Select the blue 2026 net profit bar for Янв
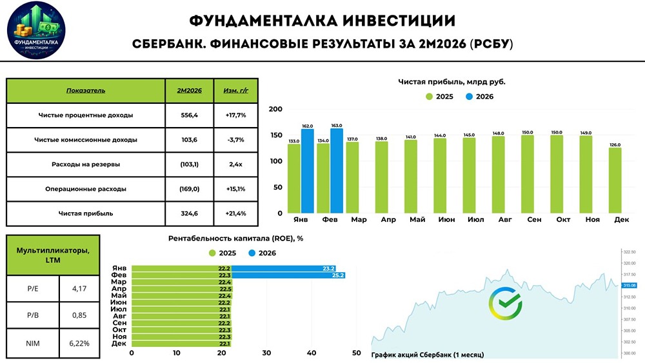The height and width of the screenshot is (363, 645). [307, 171]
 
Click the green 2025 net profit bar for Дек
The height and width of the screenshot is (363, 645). [615, 181]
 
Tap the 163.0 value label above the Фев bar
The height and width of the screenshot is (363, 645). [337, 126]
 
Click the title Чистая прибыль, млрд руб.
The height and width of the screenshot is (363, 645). [451, 82]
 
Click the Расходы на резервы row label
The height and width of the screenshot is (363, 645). [86, 164]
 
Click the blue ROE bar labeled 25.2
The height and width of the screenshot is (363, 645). [289, 275]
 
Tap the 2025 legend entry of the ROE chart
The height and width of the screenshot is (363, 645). [223, 253]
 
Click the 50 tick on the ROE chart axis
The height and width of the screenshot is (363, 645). [357, 353]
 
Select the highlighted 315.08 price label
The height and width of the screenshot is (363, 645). [629, 285]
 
